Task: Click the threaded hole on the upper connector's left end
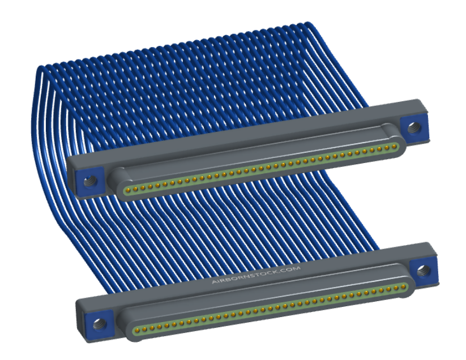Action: coord(89,181)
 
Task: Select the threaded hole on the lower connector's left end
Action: coord(99,323)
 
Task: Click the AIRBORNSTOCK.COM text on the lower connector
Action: coord(256,275)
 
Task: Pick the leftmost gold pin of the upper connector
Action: coord(128,190)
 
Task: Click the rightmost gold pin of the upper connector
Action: coord(395,146)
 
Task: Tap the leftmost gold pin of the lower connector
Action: coord(137,329)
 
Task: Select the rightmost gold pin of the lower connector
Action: coord(403,287)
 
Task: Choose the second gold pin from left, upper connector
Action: coord(135,188)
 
